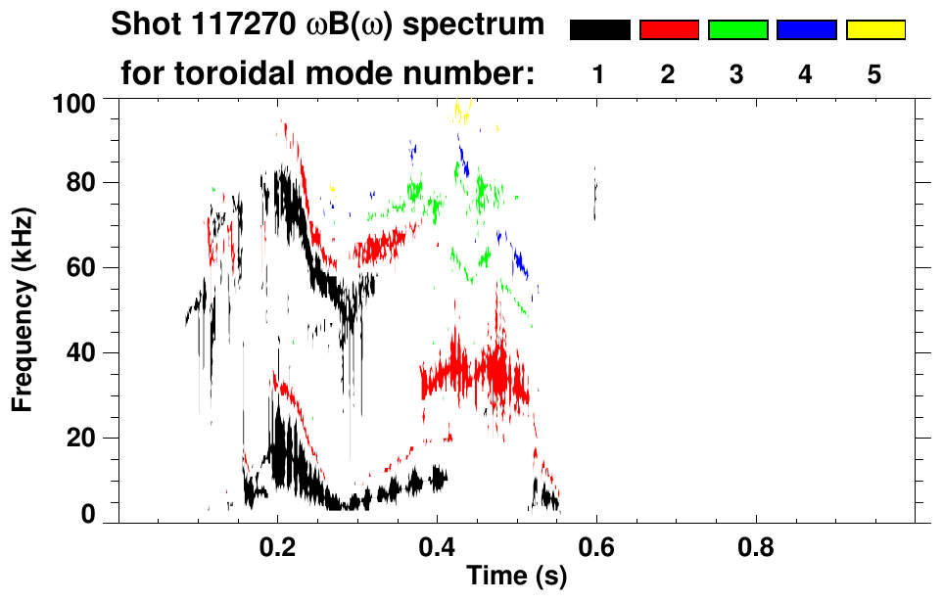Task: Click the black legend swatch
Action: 599,30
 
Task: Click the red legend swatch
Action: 669,30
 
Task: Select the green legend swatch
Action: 737,30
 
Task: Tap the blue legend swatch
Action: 806,30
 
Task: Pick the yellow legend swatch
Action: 875,30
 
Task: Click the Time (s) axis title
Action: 516,578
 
